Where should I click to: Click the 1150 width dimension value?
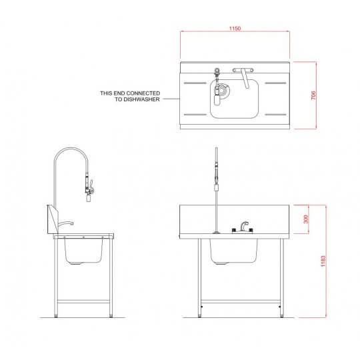(x=234, y=29)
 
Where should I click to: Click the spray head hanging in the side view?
(x=87, y=191)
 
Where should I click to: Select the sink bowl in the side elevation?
(x=84, y=251)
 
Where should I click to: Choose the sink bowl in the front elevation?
(x=234, y=251)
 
